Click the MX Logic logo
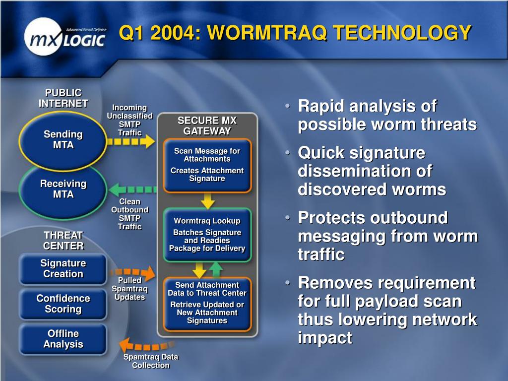(x=65, y=37)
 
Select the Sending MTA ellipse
(x=63, y=140)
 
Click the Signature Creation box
(x=63, y=269)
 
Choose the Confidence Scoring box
(x=63, y=304)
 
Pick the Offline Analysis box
(x=63, y=339)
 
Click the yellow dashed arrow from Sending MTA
(x=131, y=141)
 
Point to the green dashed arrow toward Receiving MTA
(x=133, y=190)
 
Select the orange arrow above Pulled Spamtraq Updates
(x=133, y=273)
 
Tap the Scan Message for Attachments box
(x=207, y=165)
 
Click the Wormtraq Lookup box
(x=207, y=235)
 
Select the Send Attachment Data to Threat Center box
(x=207, y=304)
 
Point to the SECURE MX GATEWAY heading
(x=207, y=126)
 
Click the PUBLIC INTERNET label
(x=63, y=98)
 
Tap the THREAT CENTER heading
(x=63, y=241)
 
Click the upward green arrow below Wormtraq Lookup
(x=216, y=270)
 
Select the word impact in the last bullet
(x=325, y=338)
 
